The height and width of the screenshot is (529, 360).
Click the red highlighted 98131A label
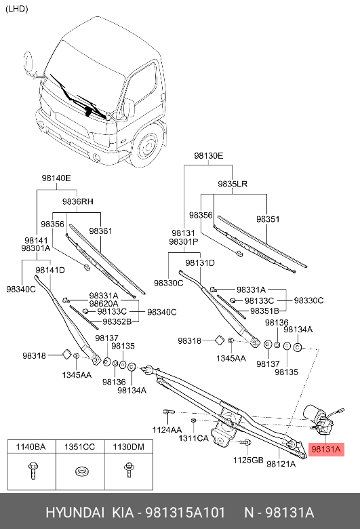click(326, 450)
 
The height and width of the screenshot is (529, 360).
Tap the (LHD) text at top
click(17, 9)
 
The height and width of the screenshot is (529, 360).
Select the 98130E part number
click(209, 156)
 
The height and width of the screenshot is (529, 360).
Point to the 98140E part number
click(56, 178)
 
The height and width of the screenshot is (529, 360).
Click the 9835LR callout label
click(233, 184)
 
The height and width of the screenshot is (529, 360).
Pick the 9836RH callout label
click(77, 201)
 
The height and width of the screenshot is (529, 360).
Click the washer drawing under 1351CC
click(80, 471)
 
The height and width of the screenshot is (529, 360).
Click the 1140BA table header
click(31, 447)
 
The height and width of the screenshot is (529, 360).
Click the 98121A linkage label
click(281, 464)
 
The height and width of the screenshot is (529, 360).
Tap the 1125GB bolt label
click(248, 460)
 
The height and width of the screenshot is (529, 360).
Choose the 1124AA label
click(167, 430)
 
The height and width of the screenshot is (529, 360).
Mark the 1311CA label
click(193, 438)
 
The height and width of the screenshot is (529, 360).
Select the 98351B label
click(264, 311)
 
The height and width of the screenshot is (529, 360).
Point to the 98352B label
click(117, 322)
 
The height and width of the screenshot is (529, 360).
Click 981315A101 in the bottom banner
click(185, 513)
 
